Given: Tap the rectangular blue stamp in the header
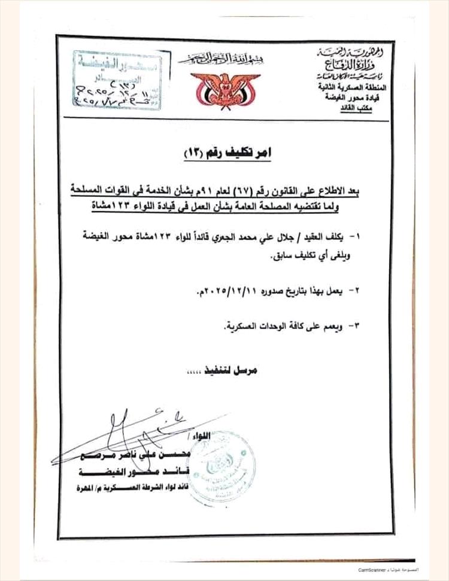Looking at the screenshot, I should [117, 80].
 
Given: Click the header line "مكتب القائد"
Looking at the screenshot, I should [359, 111].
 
